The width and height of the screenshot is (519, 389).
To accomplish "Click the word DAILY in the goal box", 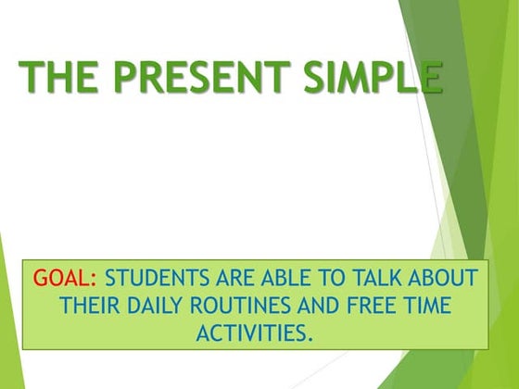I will pos(158,305).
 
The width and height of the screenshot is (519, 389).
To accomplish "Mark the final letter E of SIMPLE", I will pos(428,77).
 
